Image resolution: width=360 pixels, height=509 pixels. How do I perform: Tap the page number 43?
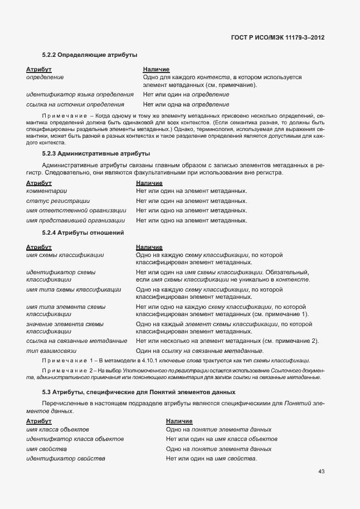click(321, 472)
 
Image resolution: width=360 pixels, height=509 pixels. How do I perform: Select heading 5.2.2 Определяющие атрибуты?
click(90, 55)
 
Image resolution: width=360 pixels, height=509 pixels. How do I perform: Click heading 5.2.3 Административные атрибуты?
click(96, 153)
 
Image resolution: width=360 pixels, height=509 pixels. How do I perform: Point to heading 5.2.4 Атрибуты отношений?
click(83, 232)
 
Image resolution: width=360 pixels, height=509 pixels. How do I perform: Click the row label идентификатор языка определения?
click(80, 94)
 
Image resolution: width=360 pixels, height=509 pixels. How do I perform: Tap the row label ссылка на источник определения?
click(75, 104)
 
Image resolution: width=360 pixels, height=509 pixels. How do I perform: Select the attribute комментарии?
click(47, 191)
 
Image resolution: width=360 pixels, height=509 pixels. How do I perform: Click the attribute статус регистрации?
click(58, 201)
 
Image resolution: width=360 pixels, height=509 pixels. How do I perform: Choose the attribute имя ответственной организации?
click(76, 211)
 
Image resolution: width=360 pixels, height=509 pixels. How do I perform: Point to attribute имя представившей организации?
click(75, 221)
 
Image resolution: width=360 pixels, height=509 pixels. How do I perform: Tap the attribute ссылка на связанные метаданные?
click(77, 341)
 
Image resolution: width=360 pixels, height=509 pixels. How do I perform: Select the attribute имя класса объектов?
click(57, 429)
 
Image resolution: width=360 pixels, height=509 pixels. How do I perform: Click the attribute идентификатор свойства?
click(66, 458)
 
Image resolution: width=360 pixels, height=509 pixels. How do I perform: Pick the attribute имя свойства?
click(47, 449)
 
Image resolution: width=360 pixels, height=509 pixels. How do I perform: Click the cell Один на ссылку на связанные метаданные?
click(200, 351)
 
